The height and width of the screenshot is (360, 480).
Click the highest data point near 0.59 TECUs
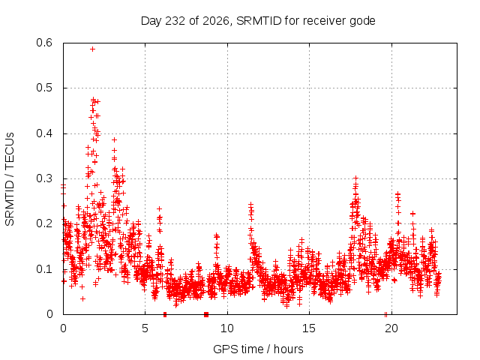click(92, 49)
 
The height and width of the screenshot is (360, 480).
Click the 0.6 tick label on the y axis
click(44, 43)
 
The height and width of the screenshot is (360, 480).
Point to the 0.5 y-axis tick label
click(44, 88)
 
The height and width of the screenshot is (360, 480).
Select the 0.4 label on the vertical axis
click(44, 133)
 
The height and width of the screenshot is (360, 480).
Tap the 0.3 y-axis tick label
click(44, 178)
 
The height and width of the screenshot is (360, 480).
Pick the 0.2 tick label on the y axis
click(44, 223)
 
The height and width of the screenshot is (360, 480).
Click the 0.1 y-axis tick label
click(44, 269)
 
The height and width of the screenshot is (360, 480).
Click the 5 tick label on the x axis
click(145, 328)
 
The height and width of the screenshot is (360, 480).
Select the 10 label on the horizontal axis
click(227, 328)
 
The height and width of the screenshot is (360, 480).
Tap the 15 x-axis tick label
click(309, 328)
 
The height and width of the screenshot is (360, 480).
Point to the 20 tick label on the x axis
click(391, 328)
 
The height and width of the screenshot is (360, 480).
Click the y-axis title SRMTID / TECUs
click(10, 179)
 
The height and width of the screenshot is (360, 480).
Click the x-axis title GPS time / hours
click(258, 349)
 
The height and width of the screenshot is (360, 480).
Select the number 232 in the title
click(175, 21)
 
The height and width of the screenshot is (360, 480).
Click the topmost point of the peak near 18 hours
click(355, 178)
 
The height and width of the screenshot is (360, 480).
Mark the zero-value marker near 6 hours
click(165, 314)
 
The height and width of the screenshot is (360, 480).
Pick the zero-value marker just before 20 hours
click(385, 314)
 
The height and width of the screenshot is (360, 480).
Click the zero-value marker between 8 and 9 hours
click(206, 314)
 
